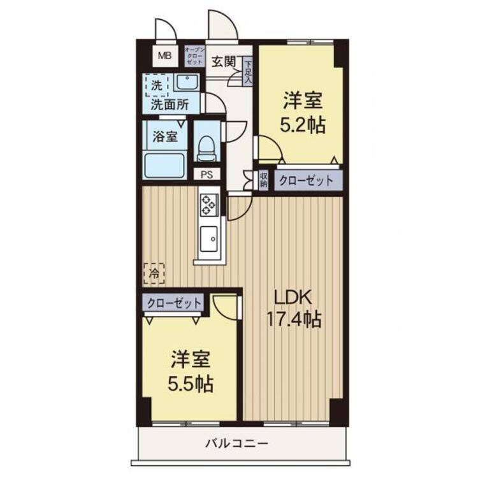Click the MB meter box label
tap(164, 56)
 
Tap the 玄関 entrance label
tap(224, 62)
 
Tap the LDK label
tap(293, 298)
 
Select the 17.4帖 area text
tap(293, 319)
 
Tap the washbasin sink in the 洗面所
tap(186, 83)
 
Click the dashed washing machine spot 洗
tap(157, 84)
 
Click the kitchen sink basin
tap(208, 240)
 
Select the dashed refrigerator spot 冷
tap(154, 273)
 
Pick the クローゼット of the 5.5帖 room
tap(174, 303)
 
